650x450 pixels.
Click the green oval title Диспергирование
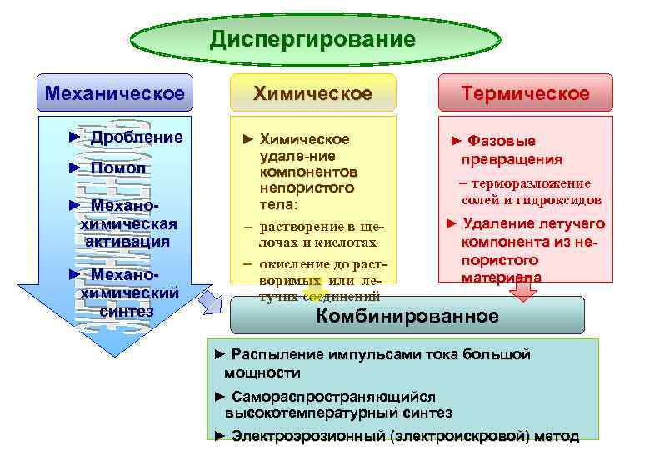[x=312, y=39]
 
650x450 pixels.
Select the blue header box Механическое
[x=115, y=93]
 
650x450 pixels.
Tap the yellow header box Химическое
[x=312, y=93]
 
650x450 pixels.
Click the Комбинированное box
[x=407, y=316]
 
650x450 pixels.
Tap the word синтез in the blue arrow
[x=127, y=311]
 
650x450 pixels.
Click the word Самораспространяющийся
[x=333, y=397]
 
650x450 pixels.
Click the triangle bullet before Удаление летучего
[x=452, y=223]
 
